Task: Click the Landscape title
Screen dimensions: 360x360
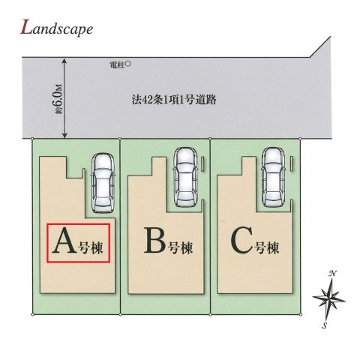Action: (57, 28)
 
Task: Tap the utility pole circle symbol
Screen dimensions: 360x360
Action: (127, 64)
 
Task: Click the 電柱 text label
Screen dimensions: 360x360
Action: (117, 65)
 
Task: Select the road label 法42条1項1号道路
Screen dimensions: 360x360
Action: (174, 100)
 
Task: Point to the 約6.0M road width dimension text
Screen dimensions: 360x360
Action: (58, 99)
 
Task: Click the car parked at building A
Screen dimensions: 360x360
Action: (103, 182)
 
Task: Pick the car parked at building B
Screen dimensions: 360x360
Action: (186, 177)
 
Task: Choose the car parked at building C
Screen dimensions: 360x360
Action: (273, 177)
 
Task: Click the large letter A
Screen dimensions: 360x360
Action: (64, 241)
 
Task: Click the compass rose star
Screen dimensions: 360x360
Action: (328, 298)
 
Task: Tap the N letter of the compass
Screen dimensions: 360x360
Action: (332, 274)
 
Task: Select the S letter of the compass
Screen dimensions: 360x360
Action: (325, 325)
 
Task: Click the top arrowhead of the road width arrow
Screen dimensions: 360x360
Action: (64, 61)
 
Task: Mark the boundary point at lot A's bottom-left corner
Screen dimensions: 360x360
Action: (32, 314)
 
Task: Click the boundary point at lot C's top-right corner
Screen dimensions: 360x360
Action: (300, 138)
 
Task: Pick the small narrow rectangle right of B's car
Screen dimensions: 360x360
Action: (202, 164)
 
